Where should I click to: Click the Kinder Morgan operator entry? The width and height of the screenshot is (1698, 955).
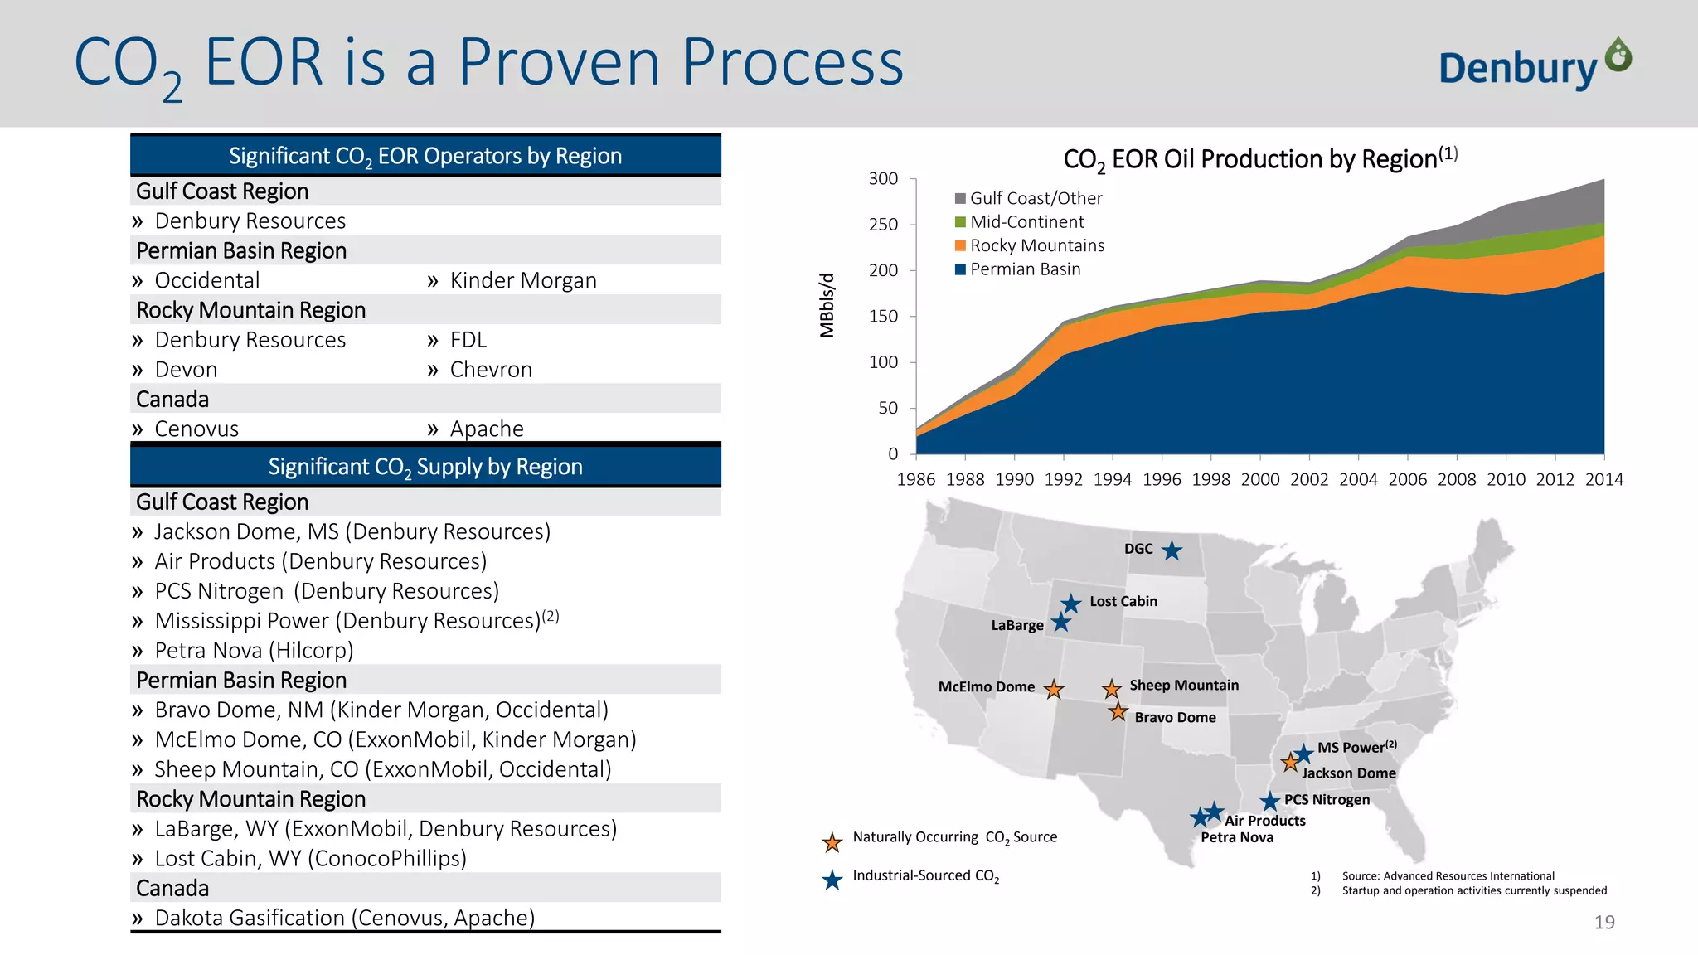point(522,280)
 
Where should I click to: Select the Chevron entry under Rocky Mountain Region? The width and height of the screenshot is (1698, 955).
point(490,370)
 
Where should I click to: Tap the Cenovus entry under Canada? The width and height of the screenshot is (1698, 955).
point(196,429)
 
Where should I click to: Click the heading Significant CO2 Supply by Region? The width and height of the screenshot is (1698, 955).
point(424,467)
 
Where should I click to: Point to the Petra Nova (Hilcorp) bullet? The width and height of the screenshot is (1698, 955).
point(254,651)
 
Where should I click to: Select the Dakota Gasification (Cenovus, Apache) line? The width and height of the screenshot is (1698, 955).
point(344,918)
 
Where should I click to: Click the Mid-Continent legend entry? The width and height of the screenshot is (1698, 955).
point(1026,222)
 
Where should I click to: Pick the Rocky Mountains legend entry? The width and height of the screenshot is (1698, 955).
point(1036,245)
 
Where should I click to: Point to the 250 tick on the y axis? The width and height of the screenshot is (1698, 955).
point(883,225)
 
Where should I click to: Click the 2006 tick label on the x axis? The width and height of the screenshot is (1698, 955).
point(1407,479)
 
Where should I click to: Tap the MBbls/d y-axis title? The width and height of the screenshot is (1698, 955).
point(827,305)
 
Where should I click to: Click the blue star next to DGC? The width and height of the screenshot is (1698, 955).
point(1172,550)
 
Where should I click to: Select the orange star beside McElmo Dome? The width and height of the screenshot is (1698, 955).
point(1053,689)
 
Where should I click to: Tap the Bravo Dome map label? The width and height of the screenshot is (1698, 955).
point(1175,717)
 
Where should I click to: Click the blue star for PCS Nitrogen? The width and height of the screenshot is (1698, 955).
point(1269,802)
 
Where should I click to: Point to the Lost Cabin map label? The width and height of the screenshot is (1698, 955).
point(1123,601)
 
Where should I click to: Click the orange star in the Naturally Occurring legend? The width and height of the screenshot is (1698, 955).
point(832,842)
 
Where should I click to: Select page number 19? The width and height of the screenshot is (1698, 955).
point(1603,922)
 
